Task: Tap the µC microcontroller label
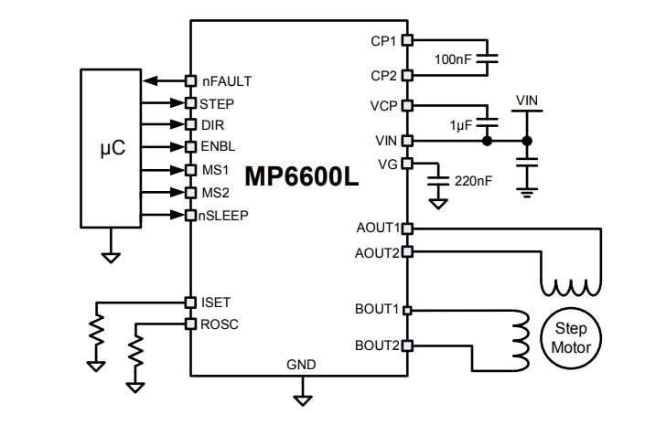(x=112, y=147)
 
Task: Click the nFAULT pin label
(x=226, y=81)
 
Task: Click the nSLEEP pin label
(x=226, y=216)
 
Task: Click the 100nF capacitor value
(x=455, y=58)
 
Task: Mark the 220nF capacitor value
(x=473, y=180)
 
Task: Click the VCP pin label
(x=384, y=105)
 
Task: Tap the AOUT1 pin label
(x=377, y=228)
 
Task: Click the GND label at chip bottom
(x=301, y=364)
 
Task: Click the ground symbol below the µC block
(x=112, y=258)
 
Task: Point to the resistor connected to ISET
(x=95, y=334)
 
